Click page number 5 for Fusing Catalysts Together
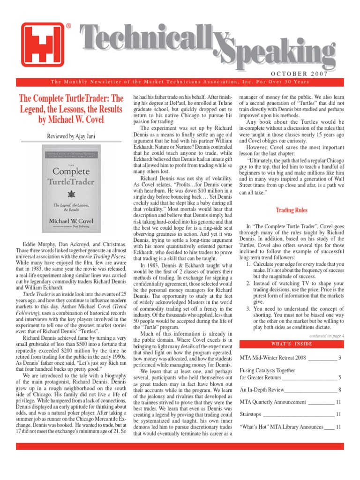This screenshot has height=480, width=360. point(339,377)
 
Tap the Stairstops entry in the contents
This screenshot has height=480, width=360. point(250,414)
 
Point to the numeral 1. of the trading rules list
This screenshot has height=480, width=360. point(248,264)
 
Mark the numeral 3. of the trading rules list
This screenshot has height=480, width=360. point(248,296)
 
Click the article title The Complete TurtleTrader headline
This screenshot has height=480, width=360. point(71,109)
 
